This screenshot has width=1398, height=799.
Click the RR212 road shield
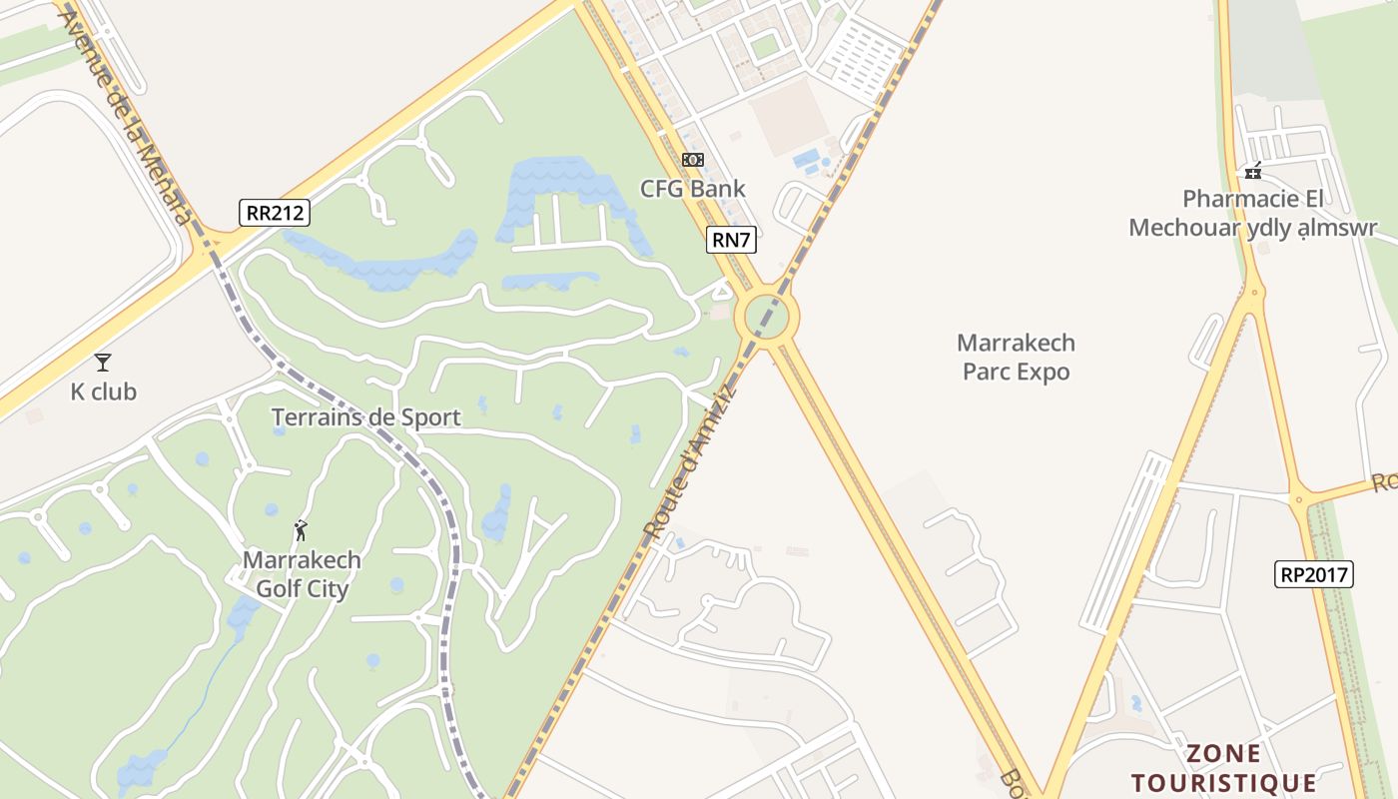[275, 213]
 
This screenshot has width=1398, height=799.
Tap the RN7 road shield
[731, 240]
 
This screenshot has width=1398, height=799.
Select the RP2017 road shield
[1314, 574]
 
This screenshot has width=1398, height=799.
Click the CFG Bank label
[692, 188]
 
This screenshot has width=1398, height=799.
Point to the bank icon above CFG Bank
[692, 160]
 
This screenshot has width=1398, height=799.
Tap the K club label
[103, 392]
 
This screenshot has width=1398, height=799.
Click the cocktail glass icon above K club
[103, 363]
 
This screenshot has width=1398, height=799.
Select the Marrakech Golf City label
[302, 574]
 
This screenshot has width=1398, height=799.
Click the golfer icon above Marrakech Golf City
[301, 530]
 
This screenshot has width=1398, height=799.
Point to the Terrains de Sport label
[365, 416]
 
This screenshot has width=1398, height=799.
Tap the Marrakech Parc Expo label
[1016, 358]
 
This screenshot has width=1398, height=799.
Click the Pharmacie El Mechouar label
[1253, 213]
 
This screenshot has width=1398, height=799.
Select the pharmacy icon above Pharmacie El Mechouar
[1253, 171]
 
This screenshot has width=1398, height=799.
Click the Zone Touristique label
[1223, 767]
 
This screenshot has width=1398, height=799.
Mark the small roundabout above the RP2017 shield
[1299, 499]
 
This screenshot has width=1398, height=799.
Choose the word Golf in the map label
[277, 588]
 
